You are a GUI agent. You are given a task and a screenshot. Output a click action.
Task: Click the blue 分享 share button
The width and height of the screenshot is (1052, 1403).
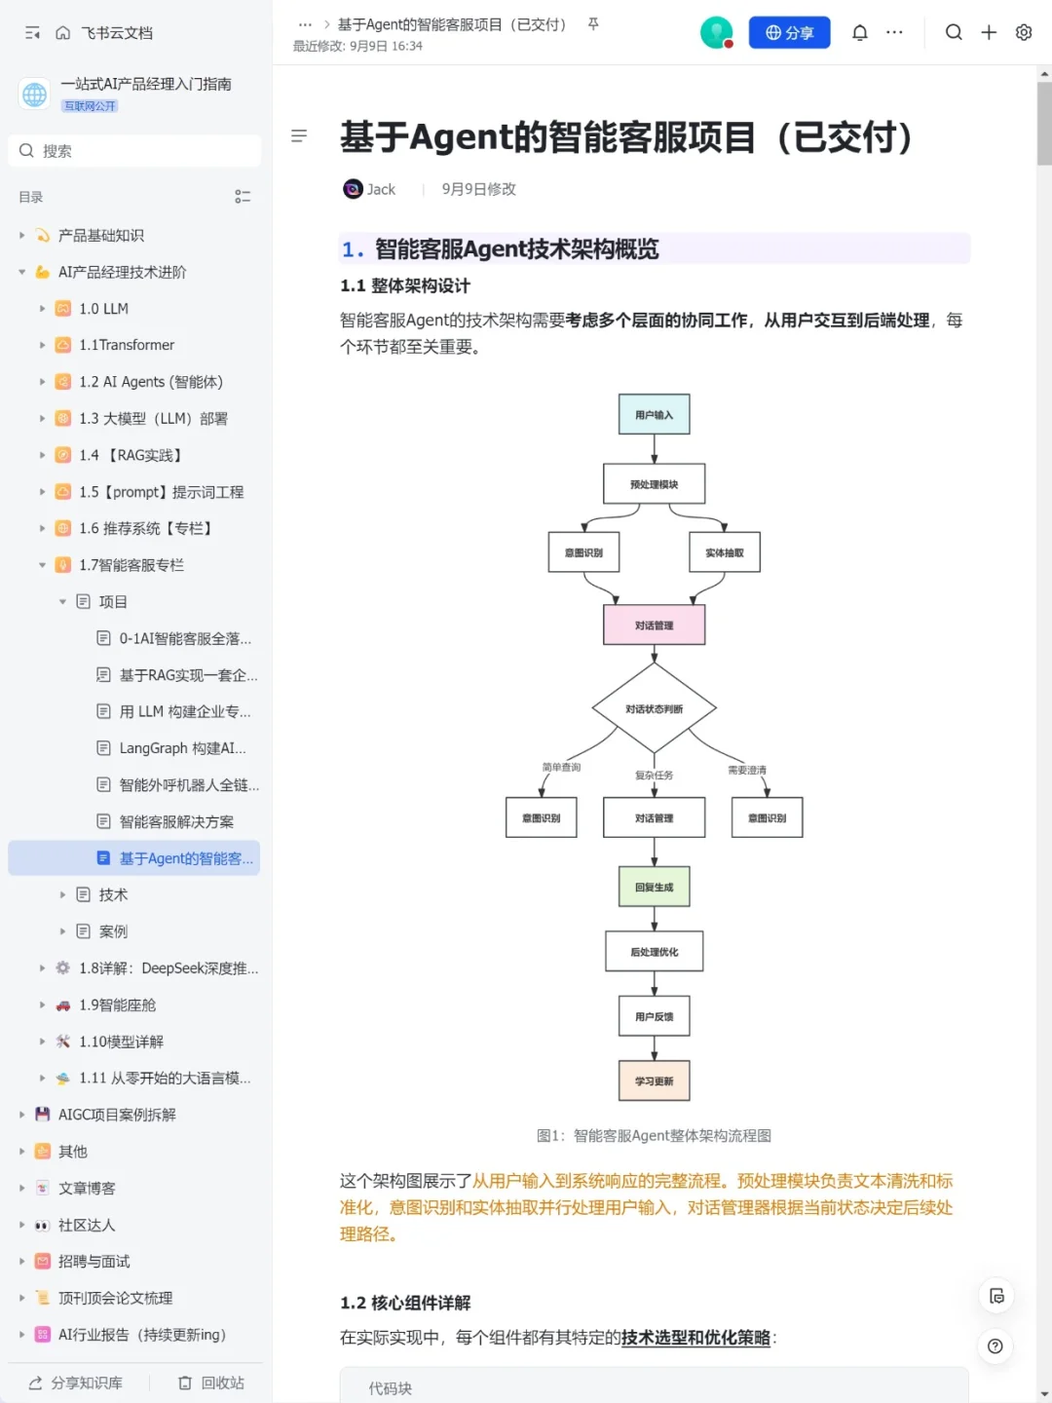click(789, 32)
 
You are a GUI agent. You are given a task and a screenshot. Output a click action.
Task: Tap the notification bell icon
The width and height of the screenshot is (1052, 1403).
click(860, 32)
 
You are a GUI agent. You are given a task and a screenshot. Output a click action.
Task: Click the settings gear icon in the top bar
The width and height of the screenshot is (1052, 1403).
click(1023, 32)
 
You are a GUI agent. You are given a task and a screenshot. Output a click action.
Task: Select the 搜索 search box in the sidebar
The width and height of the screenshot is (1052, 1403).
click(134, 151)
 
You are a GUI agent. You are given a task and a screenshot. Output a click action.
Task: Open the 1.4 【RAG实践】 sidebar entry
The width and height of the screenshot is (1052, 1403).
click(131, 455)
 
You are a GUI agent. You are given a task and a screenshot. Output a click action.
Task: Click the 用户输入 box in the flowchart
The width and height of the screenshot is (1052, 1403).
click(654, 414)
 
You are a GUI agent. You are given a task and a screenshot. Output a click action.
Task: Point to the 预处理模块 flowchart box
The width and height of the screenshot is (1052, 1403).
click(654, 484)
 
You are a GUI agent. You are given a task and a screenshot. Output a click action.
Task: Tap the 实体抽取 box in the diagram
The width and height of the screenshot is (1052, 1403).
click(725, 552)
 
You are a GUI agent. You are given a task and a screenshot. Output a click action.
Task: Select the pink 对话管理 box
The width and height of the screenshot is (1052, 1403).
click(654, 625)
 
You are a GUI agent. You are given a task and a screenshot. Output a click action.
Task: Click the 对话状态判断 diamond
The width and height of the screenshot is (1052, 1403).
click(654, 708)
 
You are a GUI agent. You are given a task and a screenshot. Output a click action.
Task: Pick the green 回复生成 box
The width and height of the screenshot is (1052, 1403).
click(654, 887)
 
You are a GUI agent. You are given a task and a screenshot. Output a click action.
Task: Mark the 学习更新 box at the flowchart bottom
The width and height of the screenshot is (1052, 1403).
click(654, 1081)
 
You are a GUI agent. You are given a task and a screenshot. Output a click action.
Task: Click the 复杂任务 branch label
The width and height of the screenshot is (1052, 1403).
click(654, 776)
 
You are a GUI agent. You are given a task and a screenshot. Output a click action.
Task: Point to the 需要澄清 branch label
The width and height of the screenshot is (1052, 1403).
click(747, 771)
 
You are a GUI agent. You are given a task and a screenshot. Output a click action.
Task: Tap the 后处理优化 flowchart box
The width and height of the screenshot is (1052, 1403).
click(654, 951)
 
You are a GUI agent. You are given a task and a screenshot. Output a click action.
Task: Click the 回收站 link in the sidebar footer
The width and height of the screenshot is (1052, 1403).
click(211, 1383)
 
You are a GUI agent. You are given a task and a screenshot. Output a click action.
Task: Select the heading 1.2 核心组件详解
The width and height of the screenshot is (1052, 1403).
click(405, 1303)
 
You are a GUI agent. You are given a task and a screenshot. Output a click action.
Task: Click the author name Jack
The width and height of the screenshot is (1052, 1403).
click(381, 189)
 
